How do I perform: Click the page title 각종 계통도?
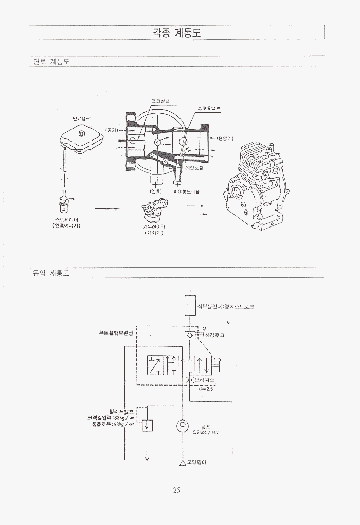(177, 32)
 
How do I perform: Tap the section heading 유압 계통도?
(50, 274)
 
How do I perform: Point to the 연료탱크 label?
(81, 118)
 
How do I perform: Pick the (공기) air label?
(111, 130)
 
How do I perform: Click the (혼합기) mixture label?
(225, 138)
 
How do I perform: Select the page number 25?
(176, 490)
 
